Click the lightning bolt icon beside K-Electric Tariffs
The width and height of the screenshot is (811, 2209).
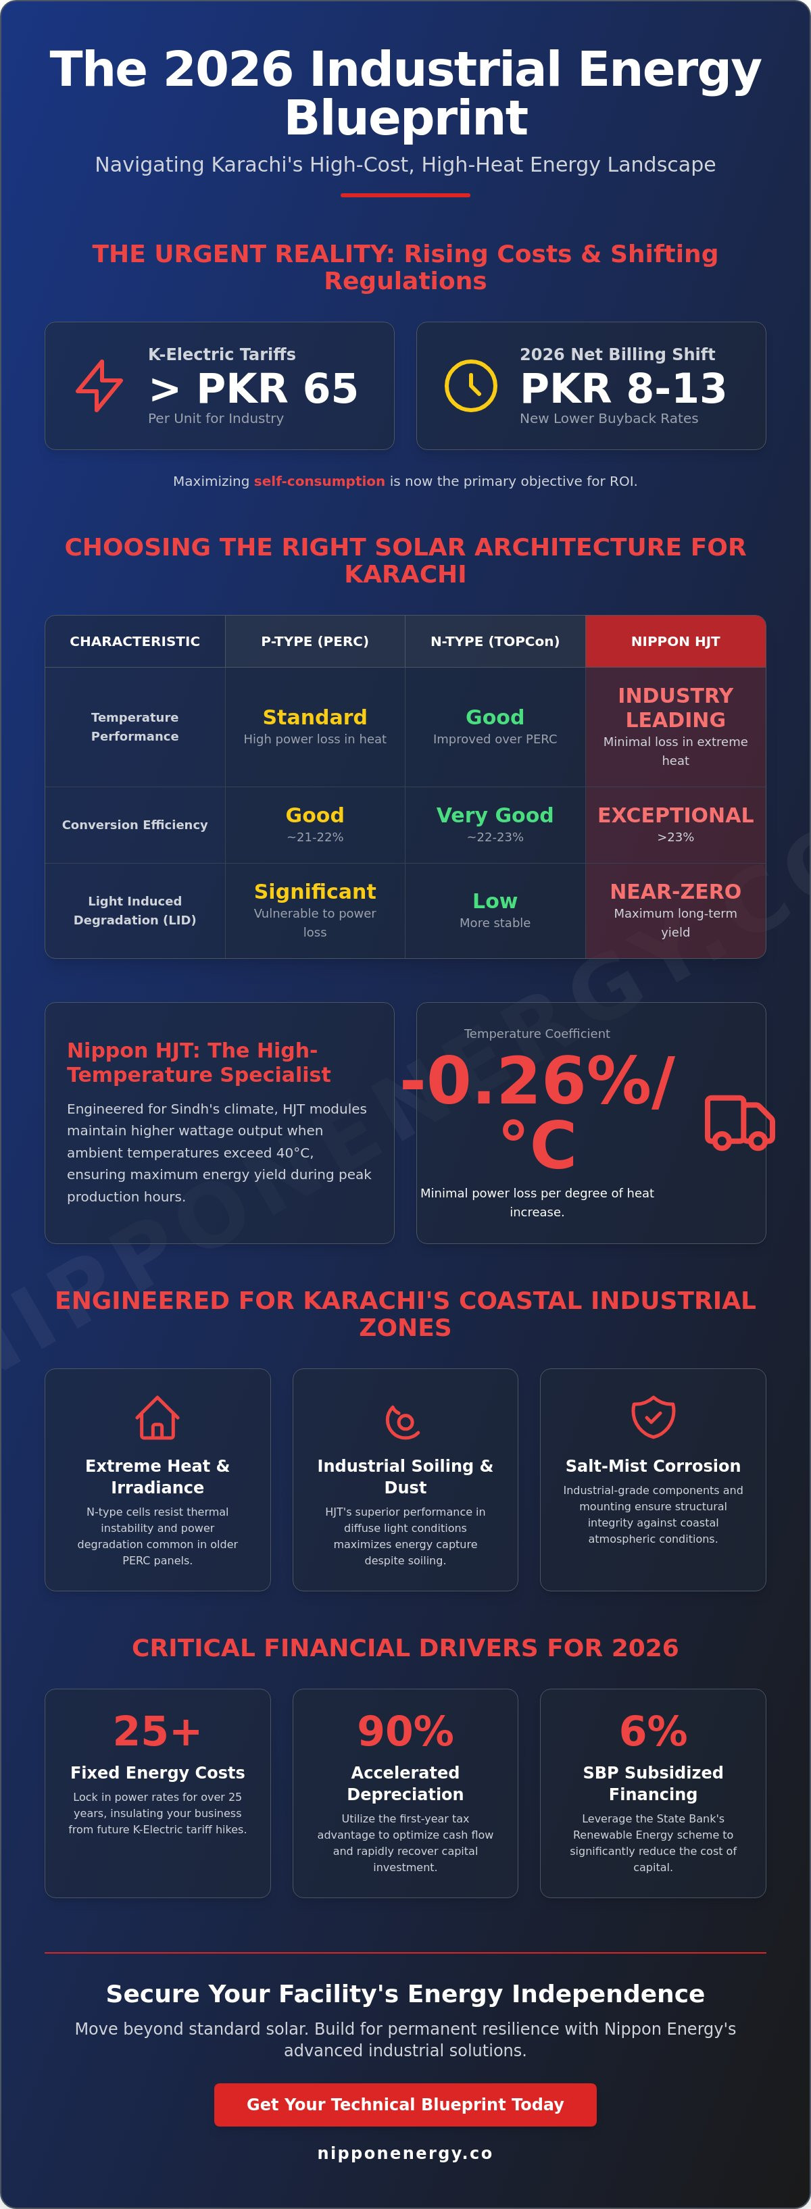99,386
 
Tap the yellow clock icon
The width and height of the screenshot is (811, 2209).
470,386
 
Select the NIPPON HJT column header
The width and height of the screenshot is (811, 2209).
676,641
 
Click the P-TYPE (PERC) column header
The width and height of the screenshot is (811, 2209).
315,641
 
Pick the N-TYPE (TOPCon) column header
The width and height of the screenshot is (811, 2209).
495,641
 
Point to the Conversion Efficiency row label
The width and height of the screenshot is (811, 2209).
134,825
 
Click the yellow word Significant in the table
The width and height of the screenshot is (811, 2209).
315,892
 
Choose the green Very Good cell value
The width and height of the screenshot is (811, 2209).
495,816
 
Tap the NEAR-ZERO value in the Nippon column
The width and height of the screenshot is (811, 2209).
676,892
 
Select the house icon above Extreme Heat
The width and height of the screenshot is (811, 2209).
157,1418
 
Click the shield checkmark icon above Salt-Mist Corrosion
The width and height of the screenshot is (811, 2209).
654,1416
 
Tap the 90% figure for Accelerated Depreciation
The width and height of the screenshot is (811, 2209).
405,1731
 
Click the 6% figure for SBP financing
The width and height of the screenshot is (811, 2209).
654,1731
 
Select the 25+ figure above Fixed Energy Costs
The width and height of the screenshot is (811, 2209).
157,1731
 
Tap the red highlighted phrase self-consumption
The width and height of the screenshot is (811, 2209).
319,481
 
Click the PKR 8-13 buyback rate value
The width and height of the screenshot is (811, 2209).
623,389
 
